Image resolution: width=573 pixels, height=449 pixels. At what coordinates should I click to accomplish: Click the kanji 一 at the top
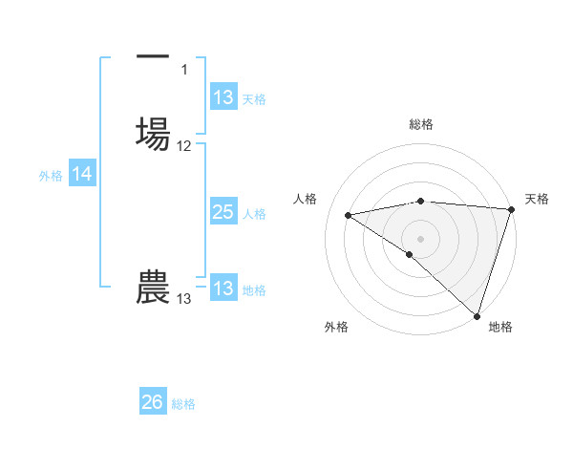[152, 58]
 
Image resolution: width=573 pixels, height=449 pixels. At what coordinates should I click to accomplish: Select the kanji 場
[153, 130]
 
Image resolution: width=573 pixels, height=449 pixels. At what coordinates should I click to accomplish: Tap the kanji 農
[153, 287]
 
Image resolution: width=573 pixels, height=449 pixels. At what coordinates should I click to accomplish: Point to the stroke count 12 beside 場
[184, 146]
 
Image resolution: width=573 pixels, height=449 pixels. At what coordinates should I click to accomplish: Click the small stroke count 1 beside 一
[184, 69]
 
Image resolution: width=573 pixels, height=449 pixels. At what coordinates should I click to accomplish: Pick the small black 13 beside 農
[183, 299]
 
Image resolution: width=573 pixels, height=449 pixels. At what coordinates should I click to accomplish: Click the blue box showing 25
[223, 212]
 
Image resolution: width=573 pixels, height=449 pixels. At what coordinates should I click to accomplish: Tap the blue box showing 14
[82, 174]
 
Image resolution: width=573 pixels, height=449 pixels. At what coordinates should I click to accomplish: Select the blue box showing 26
[153, 402]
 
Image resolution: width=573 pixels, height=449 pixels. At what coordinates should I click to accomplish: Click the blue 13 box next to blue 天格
[223, 98]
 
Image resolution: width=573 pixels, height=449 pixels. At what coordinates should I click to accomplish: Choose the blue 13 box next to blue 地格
[223, 289]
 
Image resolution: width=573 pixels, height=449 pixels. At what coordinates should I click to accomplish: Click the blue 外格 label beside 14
[50, 176]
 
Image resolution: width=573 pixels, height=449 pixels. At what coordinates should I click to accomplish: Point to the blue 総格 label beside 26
[183, 404]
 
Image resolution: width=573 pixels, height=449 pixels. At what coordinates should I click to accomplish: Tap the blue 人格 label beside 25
[254, 214]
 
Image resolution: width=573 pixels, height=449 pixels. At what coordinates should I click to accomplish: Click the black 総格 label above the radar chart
[421, 124]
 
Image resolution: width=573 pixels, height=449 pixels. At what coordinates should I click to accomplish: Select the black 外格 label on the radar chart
[336, 327]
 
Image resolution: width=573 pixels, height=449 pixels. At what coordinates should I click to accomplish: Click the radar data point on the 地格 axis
[477, 316]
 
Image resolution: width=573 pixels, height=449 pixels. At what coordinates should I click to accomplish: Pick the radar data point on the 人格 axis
[349, 215]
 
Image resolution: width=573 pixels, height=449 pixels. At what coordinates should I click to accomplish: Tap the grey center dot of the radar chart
[421, 238]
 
